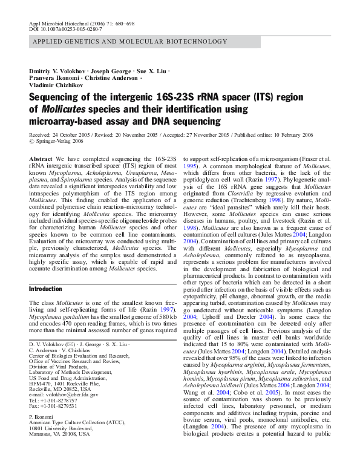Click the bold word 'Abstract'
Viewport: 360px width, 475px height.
point(41,159)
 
